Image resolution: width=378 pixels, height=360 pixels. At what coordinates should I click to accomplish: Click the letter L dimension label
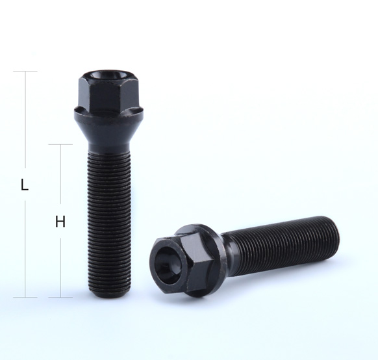(25, 185)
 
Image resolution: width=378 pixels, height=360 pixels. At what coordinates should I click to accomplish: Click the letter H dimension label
(60, 222)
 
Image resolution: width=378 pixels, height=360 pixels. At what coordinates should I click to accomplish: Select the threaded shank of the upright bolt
(108, 222)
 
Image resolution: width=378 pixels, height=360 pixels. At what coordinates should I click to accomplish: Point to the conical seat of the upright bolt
(108, 133)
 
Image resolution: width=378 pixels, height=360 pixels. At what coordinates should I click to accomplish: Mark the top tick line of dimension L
(25, 71)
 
